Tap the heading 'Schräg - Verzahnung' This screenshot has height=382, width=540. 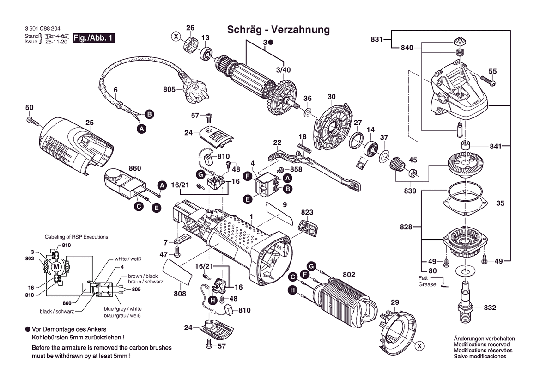pos(278,30)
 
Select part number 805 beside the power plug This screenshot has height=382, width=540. pos(169,89)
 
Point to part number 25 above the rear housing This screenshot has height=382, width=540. pos(90,123)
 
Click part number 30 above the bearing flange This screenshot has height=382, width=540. pos(331,97)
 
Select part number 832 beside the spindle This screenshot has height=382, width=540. pos(490,308)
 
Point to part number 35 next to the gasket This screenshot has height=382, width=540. pos(500,203)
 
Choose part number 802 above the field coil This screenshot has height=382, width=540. pos(349,275)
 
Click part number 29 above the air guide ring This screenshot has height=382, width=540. pos(394,302)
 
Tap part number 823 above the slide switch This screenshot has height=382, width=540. pos(307,213)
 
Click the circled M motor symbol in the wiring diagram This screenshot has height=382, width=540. pos(57,267)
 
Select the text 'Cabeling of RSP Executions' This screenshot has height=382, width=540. pos(76,237)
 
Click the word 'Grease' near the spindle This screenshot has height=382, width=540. pos(427,284)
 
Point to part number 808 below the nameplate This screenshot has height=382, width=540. pos(180,294)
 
